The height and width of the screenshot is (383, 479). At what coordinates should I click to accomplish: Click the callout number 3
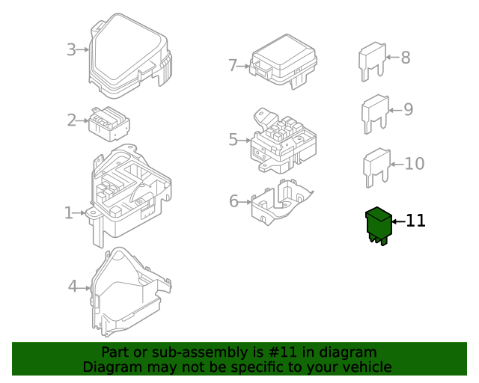point(71,50)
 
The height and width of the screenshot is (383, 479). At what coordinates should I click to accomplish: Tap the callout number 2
point(72,120)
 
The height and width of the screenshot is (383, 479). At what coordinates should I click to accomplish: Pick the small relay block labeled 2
point(109,122)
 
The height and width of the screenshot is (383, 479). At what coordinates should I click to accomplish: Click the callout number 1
point(69,213)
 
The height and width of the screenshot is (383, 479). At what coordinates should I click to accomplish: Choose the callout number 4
point(73,286)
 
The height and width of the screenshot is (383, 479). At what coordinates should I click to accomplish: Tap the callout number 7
point(233,66)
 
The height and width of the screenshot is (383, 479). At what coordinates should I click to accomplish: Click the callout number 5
point(233,139)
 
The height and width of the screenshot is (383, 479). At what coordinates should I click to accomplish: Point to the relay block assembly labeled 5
point(282,141)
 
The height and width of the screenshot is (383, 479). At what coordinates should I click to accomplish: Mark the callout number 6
point(234,201)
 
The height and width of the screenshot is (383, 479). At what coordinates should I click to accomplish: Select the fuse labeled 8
point(372,61)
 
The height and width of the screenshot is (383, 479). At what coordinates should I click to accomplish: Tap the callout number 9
point(408,110)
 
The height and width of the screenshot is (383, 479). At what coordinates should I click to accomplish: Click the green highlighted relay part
point(378,225)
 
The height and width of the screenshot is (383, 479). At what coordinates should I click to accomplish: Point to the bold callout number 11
point(415,221)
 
